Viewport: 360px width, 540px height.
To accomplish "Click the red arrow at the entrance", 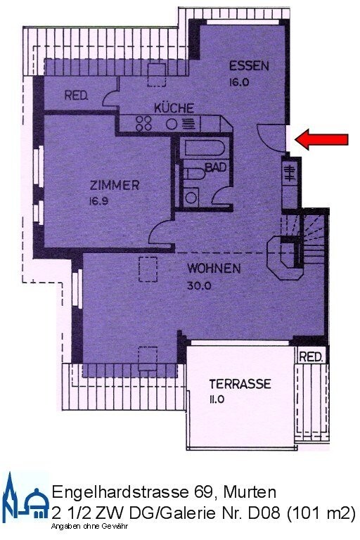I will (x=321, y=139).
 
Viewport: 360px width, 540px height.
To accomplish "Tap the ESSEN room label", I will (x=249, y=66).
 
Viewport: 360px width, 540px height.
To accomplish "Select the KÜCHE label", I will (x=174, y=108).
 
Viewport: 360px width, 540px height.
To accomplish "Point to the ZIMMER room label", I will (x=115, y=186).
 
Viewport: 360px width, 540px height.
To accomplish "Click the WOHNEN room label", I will (x=214, y=268).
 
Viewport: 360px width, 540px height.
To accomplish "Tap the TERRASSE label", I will (x=240, y=384).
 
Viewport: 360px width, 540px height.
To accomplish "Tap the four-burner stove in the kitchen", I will (x=145, y=123).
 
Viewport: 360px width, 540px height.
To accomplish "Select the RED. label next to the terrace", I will (x=311, y=357).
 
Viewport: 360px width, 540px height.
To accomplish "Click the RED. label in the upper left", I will (x=76, y=96).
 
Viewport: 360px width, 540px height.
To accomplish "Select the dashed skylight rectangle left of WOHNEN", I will (x=148, y=269).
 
